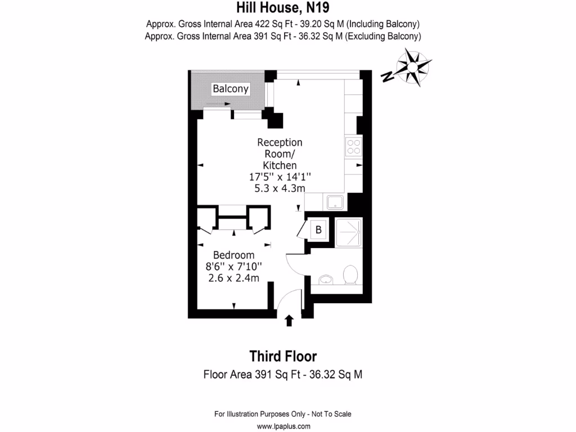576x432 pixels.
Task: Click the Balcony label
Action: click(x=231, y=89)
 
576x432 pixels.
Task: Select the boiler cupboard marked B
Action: click(x=318, y=229)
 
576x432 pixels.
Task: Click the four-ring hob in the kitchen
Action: click(x=354, y=147)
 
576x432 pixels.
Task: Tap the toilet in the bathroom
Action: click(x=350, y=275)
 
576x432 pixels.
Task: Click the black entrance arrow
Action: click(x=289, y=321)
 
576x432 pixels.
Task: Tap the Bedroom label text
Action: click(x=234, y=255)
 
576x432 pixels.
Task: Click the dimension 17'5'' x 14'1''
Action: click(x=280, y=177)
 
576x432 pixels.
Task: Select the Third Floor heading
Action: click(x=283, y=356)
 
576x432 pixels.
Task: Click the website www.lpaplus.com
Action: click(x=283, y=426)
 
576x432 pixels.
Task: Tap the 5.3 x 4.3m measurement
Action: click(x=280, y=188)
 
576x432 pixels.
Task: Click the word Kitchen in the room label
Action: click(x=280, y=165)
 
